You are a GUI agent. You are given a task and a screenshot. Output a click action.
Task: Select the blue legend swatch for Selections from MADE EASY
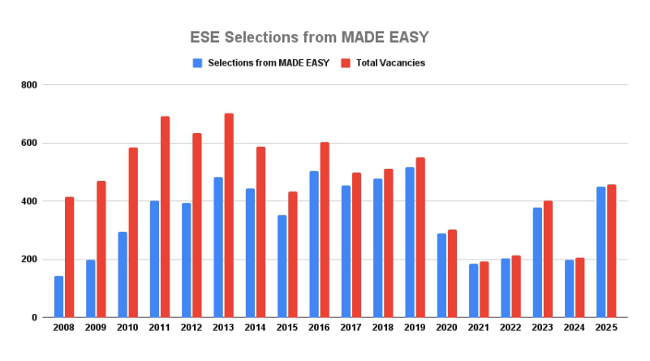tap(197, 62)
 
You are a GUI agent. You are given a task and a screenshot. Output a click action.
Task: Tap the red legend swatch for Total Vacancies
tap(345, 62)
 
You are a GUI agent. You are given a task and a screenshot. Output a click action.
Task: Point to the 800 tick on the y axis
tap(28, 85)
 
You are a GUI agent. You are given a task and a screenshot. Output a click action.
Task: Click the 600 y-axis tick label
tap(28, 144)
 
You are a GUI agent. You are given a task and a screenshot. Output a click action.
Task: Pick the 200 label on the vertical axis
tap(28, 260)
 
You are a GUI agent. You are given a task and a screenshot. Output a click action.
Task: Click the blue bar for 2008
tap(58, 297)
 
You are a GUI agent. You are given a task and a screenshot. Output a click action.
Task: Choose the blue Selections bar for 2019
tap(410, 243)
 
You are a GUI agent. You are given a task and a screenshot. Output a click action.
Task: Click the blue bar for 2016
tap(314, 244)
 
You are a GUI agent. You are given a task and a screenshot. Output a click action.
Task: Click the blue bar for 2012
tap(187, 260)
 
